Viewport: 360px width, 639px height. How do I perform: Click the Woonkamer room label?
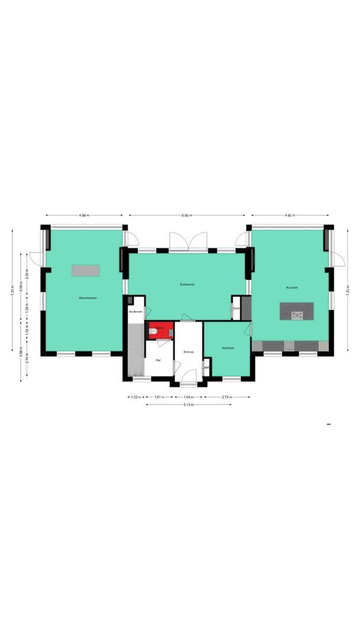tap(88, 298)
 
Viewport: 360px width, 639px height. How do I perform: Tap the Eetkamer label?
tap(188, 285)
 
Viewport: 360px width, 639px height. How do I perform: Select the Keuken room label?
tap(292, 288)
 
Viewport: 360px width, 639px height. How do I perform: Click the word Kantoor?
tap(227, 348)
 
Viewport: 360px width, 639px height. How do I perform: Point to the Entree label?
tap(189, 352)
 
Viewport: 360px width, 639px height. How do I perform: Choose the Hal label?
tap(158, 359)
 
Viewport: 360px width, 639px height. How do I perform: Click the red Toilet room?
tap(160, 329)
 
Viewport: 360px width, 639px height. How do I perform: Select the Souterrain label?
tap(136, 311)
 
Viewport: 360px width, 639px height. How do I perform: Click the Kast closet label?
tap(236, 308)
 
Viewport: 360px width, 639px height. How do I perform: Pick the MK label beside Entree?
tap(206, 367)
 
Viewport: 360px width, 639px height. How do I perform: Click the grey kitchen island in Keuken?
tap(297, 311)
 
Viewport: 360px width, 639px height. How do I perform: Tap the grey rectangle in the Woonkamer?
tap(86, 270)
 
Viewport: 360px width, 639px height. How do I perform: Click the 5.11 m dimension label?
tap(188, 405)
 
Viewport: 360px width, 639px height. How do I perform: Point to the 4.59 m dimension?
tap(84, 215)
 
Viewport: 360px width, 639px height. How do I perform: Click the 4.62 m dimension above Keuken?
tap(290, 215)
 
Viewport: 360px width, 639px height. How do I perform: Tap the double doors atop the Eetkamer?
tap(188, 242)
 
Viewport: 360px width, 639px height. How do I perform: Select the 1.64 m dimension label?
tap(189, 397)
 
